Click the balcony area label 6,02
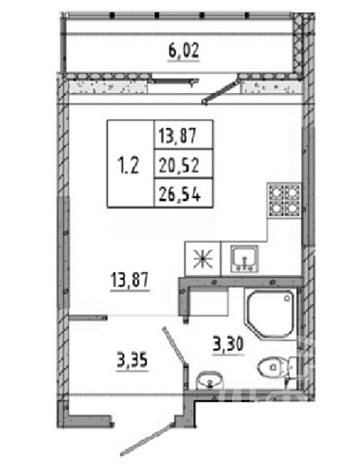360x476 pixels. (184, 51)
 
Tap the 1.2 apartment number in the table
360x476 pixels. (128, 165)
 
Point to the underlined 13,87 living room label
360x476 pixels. (130, 280)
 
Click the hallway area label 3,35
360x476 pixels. (132, 360)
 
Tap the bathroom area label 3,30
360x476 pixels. (228, 344)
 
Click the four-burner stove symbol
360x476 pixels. (284, 199)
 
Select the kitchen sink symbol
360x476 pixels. (244, 259)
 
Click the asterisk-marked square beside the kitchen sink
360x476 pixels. (203, 259)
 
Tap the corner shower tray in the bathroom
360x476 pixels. (271, 314)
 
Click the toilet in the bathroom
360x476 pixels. (278, 367)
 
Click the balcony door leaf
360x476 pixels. (221, 92)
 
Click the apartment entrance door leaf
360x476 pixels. (148, 439)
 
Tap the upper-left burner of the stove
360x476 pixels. (276, 192)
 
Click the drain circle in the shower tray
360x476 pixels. (287, 298)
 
